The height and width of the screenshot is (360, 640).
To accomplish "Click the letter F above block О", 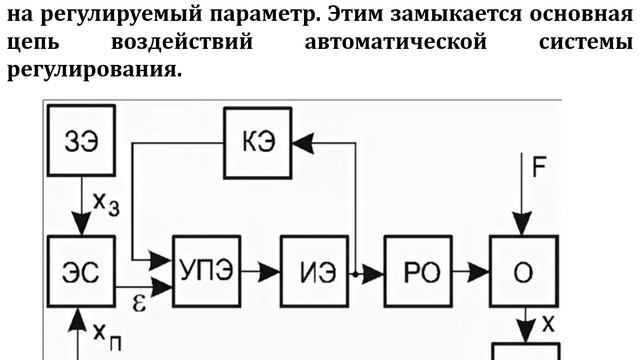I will click(538, 169).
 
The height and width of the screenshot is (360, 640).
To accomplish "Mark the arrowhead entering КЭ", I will click(302, 144).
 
